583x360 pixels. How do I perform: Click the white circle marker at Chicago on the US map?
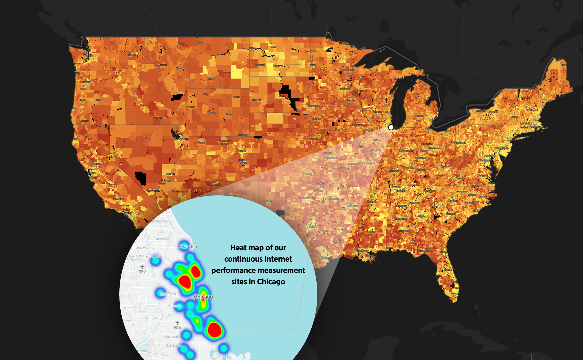pos(391,127)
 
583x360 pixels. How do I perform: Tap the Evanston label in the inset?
pos(188,247)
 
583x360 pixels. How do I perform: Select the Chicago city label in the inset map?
pos(203,297)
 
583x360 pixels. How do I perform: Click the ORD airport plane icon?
pos(142,267)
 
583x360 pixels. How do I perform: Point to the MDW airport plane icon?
pos(177,323)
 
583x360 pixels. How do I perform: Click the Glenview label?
pos(162,239)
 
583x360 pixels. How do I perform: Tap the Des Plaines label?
pos(145,247)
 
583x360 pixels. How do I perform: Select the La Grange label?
pos(148,318)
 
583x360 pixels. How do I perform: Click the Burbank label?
pos(171,337)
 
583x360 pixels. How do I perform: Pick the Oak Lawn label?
pos(174,346)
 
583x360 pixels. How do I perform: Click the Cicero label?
pos(175,306)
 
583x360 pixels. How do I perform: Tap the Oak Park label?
pos(168,294)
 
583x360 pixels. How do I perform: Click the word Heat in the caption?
pos(239,248)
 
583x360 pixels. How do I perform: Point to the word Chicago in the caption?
pos(271,282)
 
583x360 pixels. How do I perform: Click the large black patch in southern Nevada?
pos(141,178)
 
